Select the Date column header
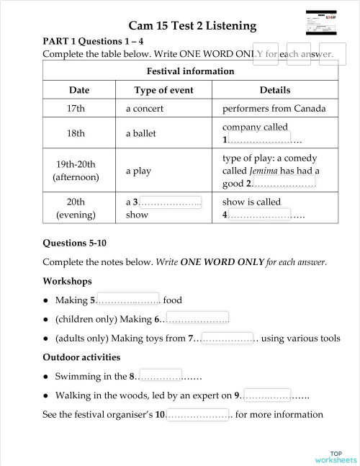[79, 90]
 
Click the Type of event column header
[165, 90]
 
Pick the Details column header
[274, 90]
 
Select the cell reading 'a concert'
[145, 109]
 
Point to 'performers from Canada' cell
[274, 109]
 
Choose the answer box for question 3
[170, 202]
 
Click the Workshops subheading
[67, 281]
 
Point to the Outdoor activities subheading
[81, 357]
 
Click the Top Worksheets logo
[335, 456]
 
